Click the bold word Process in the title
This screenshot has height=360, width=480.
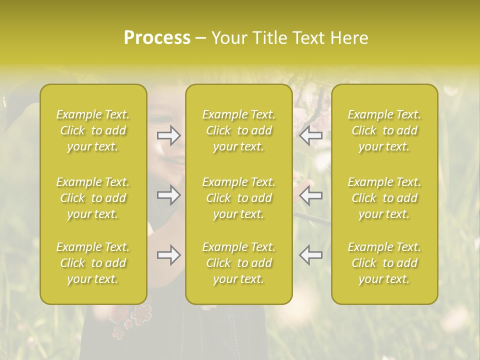157,38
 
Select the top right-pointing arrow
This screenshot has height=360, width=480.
168,136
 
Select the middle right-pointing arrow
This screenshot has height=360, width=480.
168,195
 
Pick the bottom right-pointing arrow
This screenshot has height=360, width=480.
168,255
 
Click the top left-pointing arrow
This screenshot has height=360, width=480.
311,136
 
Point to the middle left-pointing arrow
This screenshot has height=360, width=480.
311,195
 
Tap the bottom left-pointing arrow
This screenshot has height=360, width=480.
311,255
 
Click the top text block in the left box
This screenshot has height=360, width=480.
93,130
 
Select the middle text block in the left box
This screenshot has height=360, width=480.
93,198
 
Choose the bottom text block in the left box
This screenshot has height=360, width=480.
93,263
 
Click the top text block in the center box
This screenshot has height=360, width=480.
238,130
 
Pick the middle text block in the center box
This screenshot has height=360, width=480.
238,198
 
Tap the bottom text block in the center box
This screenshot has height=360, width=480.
238,263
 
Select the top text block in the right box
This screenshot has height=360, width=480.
384,130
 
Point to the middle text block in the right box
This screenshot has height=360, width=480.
384,198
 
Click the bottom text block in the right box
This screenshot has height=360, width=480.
384,263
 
